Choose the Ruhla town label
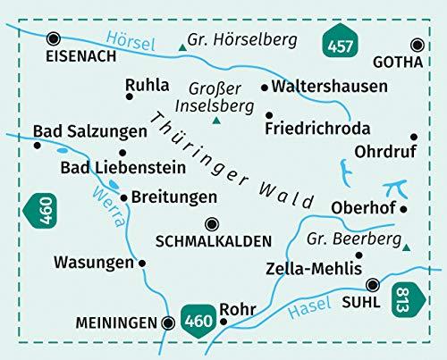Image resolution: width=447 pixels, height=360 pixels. point(148,86)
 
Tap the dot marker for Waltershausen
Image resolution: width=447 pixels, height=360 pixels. point(265,88)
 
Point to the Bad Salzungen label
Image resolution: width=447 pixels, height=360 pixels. point(89,131)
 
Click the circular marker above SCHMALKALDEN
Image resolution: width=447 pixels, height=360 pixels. point(212,224)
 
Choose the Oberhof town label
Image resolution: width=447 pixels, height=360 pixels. point(363,209)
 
